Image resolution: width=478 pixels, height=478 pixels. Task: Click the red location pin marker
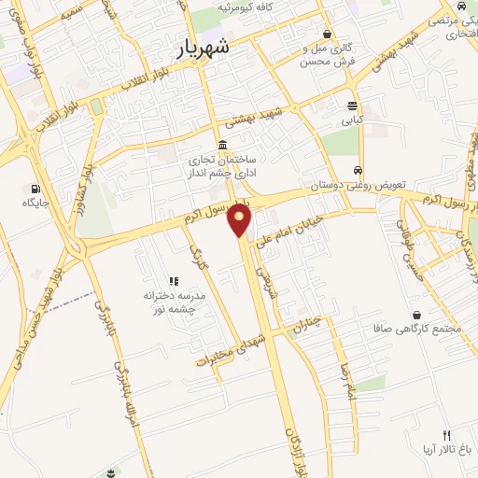pos(241,219)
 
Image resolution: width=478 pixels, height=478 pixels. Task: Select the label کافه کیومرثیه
pos(242,7)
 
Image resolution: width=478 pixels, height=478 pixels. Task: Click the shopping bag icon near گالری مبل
pos(326,33)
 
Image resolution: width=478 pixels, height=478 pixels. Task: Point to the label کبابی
pos(352,120)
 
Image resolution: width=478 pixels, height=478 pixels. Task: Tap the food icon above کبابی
pos(352,105)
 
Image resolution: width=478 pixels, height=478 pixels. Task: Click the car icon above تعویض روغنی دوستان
pos(358,171)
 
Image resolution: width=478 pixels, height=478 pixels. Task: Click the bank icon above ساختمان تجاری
pos(221,145)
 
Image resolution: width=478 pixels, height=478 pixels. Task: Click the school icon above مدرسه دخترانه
pos(173,280)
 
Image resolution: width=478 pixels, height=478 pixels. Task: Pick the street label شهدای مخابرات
pos(231,351)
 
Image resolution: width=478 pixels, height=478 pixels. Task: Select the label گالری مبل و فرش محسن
pos(304,55)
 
